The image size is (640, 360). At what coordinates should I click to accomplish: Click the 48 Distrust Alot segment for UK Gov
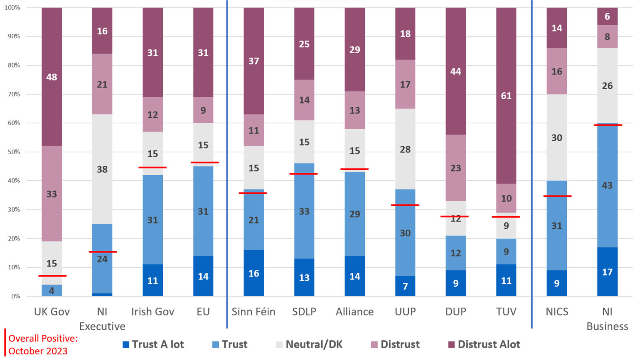[52, 77]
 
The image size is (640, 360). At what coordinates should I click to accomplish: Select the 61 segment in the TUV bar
[506, 96]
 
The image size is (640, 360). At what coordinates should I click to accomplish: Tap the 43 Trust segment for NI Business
[607, 185]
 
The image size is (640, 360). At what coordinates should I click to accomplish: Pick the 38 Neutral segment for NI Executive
[102, 169]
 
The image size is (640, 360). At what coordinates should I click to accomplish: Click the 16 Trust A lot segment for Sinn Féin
[254, 273]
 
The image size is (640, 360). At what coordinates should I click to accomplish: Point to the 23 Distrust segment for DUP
[456, 168]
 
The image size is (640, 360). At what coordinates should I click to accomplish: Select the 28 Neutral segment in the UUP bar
[405, 149]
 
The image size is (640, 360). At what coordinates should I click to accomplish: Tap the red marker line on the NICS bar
[557, 196]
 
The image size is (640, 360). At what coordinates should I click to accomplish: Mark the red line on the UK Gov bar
[52, 276]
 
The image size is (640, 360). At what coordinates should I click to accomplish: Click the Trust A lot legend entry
[153, 344]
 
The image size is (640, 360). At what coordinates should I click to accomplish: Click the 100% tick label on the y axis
[12, 8]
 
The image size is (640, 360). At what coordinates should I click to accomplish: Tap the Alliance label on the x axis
[354, 312]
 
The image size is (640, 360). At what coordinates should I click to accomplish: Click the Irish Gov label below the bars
[152, 312]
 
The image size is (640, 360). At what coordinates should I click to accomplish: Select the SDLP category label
[304, 312]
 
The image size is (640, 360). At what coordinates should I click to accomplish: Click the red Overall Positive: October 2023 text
[43, 344]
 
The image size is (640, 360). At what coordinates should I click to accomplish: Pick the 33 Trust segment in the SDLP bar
[304, 211]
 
